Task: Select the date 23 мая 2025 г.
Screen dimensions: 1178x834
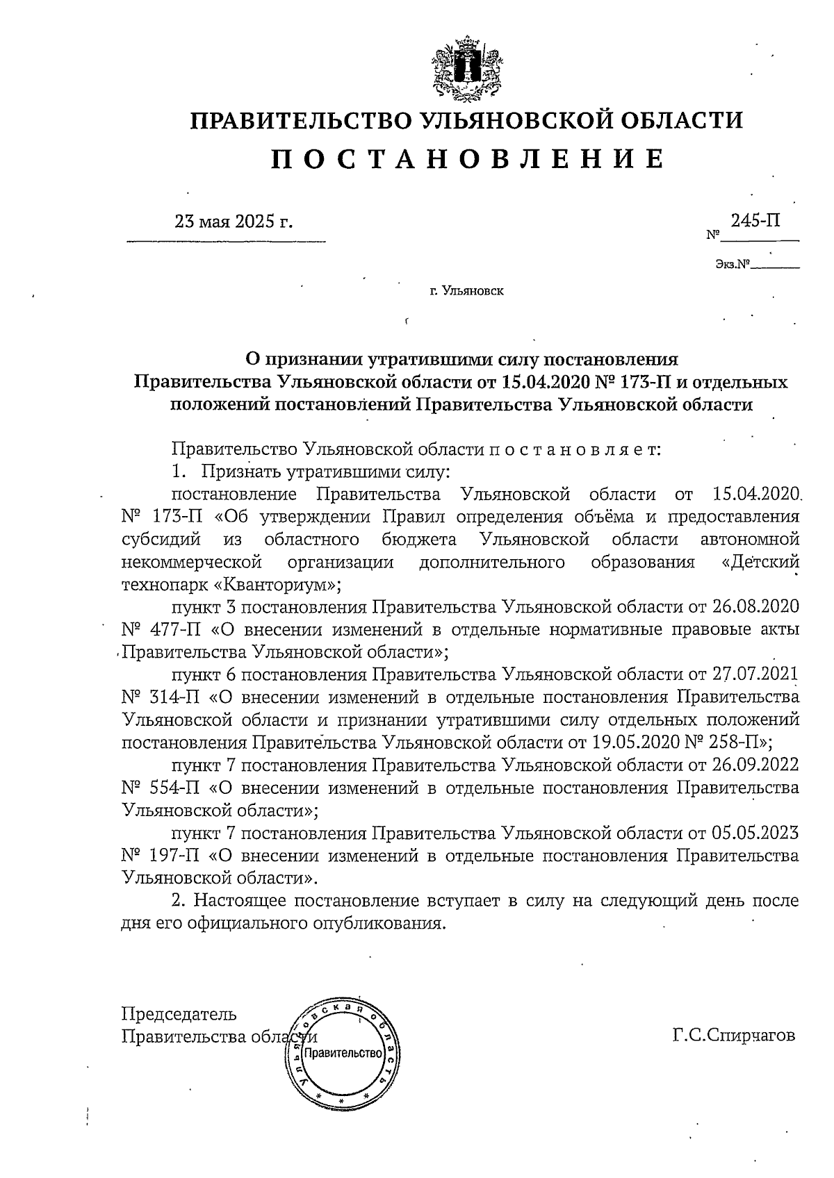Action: [x=234, y=222]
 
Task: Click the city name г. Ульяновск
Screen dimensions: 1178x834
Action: [x=466, y=291]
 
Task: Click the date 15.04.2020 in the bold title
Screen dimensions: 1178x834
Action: [x=532, y=382]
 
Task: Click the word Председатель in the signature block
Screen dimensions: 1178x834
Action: [x=179, y=1014]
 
